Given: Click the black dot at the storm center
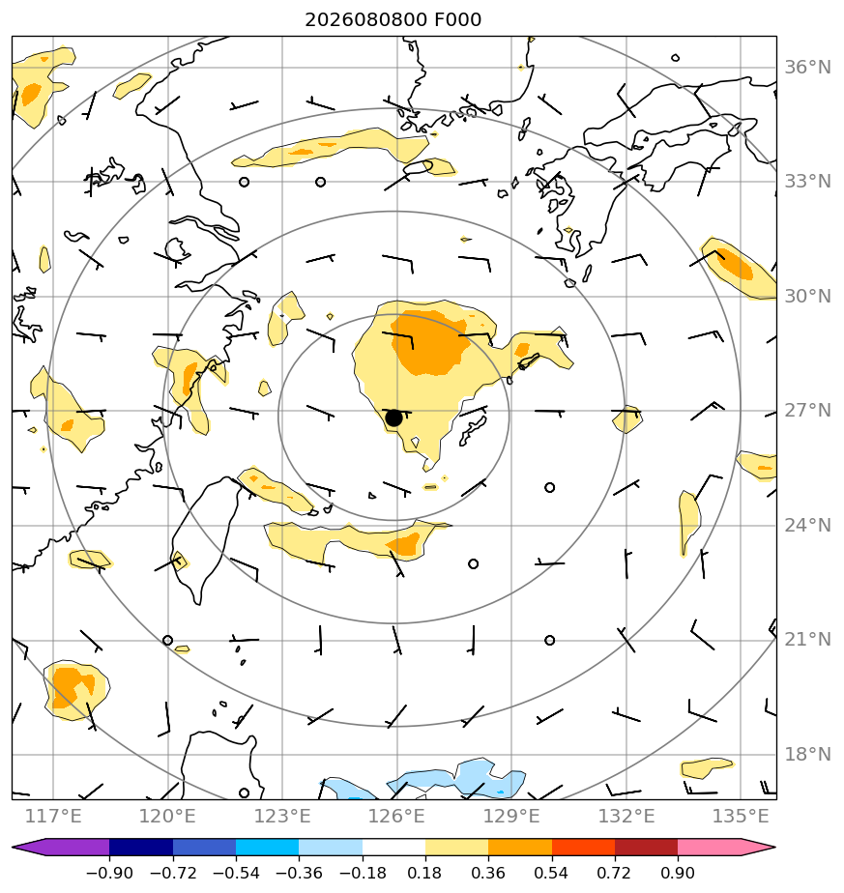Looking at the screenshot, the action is pyautogui.click(x=393, y=418).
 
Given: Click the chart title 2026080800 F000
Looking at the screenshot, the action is pyautogui.click(x=393, y=20).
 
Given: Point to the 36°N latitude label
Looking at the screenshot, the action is pyautogui.click(x=807, y=68).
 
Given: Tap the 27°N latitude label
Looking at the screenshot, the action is pyautogui.click(x=807, y=410).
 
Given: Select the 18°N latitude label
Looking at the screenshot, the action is pyautogui.click(x=807, y=754).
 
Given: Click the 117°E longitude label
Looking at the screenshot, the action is pyautogui.click(x=53, y=816).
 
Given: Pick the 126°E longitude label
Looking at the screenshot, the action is pyautogui.click(x=396, y=816).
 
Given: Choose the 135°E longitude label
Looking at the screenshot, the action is pyautogui.click(x=741, y=816).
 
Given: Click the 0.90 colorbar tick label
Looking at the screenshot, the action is pyautogui.click(x=678, y=873).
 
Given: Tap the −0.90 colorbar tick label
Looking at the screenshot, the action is pyautogui.click(x=109, y=873).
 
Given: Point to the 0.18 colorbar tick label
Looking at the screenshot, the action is pyautogui.click(x=425, y=873).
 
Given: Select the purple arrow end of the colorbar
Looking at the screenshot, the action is pyautogui.click(x=28, y=847).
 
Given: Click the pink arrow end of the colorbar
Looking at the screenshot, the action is pyautogui.click(x=759, y=847).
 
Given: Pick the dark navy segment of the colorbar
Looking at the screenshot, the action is pyautogui.click(x=141, y=847).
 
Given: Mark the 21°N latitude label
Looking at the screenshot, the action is pyautogui.click(x=807, y=640).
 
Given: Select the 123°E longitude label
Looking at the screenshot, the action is pyautogui.click(x=282, y=816).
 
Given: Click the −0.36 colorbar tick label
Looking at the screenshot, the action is pyautogui.click(x=299, y=873).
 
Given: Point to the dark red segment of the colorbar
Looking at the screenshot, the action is pyautogui.click(x=646, y=847).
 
